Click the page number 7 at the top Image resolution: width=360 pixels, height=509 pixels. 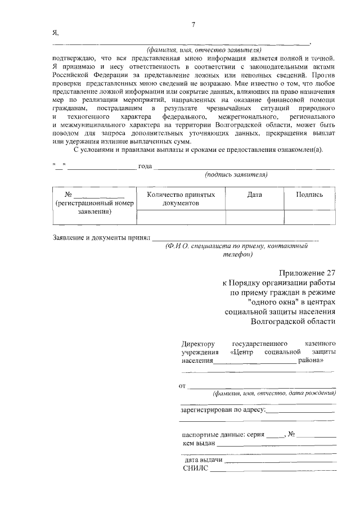(193, 24)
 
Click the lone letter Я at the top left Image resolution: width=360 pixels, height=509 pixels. (55, 33)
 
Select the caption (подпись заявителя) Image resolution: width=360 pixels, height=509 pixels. (236, 174)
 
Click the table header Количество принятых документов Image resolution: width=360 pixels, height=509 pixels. (181, 199)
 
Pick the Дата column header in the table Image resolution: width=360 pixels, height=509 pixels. (254, 195)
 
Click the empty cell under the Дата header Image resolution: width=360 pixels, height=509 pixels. (254, 217)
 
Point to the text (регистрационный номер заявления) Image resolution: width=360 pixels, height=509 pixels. (94, 208)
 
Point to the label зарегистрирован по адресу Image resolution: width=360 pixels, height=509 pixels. (222, 410)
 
